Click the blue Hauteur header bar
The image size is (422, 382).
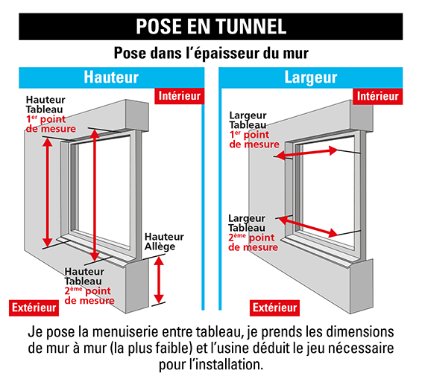coord(110,77)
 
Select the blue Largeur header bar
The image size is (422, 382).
coord(311,77)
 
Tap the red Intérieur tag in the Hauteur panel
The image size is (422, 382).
coord(179,95)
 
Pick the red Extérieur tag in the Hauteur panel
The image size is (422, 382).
coord(33,308)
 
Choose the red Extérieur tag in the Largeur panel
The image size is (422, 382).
coord(275,308)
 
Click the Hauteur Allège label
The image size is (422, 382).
coord(164,241)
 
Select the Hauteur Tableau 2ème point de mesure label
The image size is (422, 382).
coord(89,286)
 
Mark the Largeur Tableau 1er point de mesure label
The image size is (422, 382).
coord(253,130)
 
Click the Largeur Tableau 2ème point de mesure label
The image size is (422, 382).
coord(253,232)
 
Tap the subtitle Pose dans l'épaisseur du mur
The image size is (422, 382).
coord(211,54)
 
